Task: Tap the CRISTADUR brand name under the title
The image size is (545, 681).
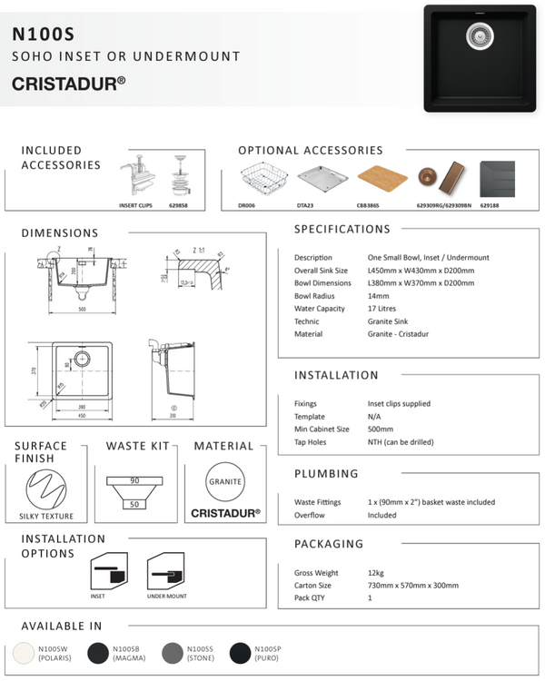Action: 68,83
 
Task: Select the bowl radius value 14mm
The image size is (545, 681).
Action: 367,295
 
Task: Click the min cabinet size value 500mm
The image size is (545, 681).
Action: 369,429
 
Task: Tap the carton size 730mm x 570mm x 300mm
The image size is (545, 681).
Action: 407,586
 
